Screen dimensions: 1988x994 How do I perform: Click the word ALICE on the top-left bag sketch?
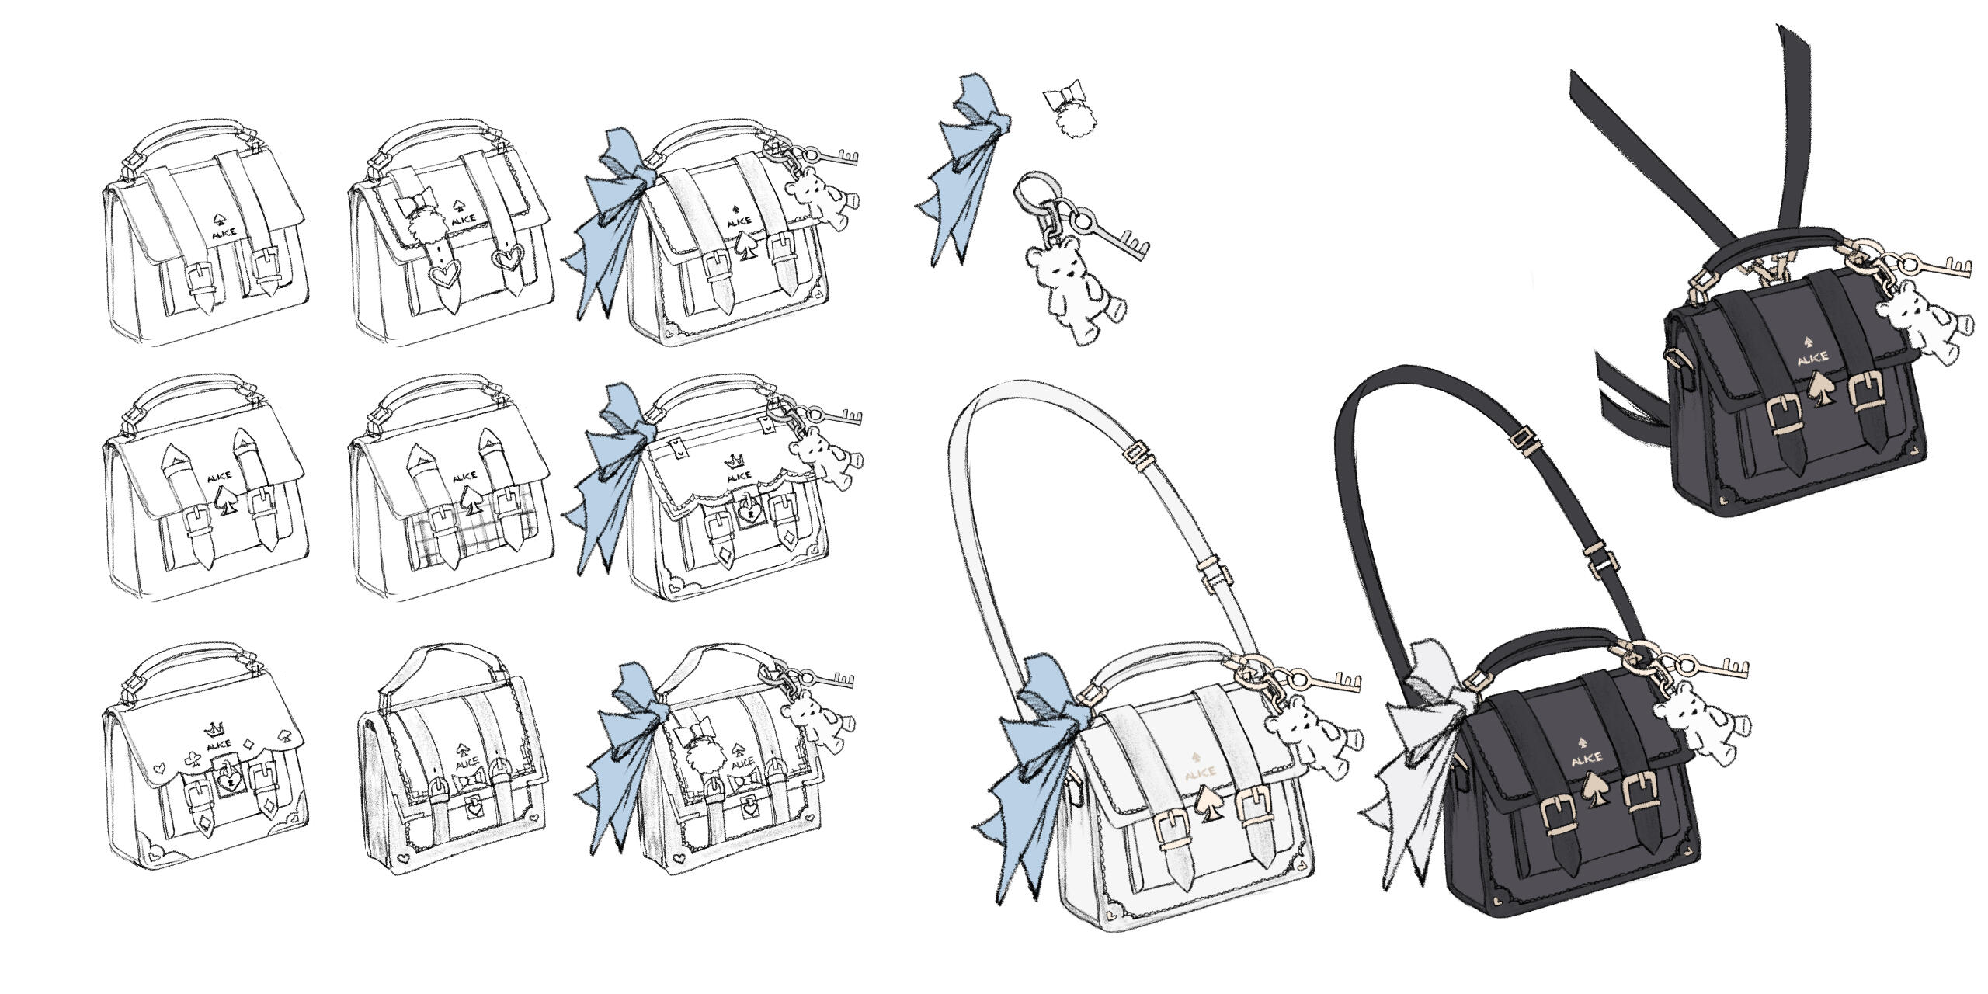click(224, 231)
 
